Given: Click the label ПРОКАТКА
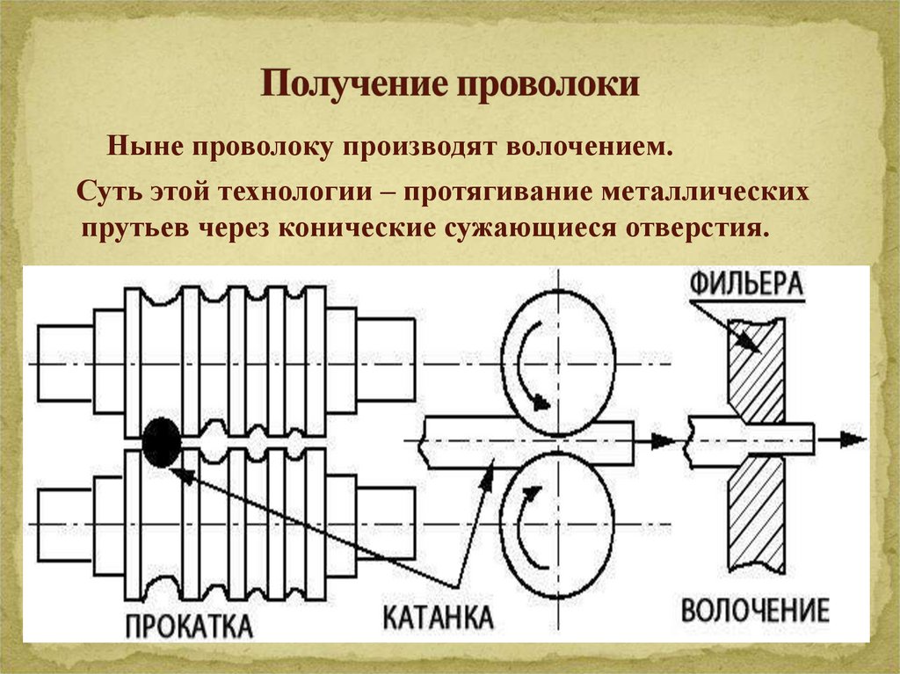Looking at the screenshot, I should [188, 626].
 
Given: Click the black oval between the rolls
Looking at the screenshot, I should [161, 442].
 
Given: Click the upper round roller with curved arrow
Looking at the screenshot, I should [555, 362].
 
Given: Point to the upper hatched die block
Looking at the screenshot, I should [757, 369].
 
